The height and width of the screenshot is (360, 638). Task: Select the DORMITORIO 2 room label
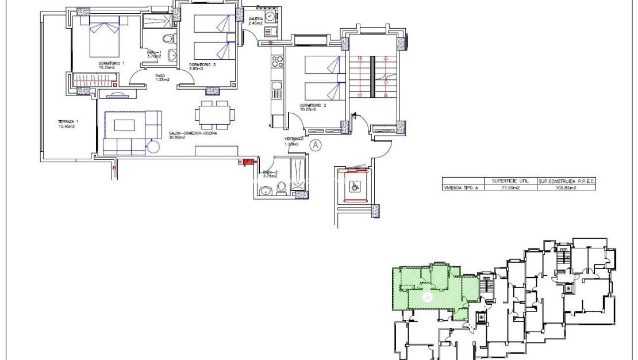pyautogui.click(x=313, y=106)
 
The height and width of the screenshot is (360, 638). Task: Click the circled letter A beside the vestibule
pyautogui.click(x=315, y=145)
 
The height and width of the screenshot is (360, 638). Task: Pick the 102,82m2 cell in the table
pyautogui.click(x=566, y=187)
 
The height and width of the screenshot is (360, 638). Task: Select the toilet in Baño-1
pyautogui.click(x=168, y=39)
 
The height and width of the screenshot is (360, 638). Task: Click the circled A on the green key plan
pyautogui.click(x=427, y=297)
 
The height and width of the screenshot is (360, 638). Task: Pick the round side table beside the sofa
pyautogui.click(x=153, y=147)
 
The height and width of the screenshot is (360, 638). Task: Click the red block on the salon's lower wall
pyautogui.click(x=248, y=163)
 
